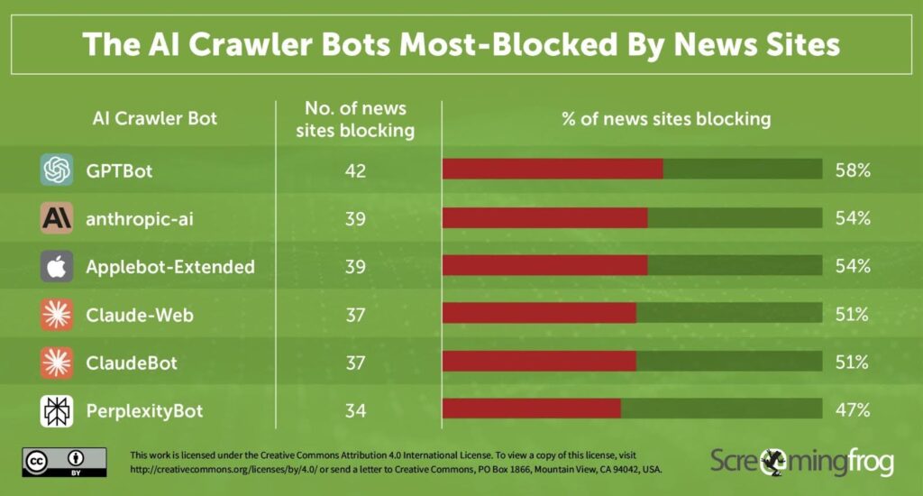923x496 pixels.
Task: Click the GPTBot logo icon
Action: point(57,170)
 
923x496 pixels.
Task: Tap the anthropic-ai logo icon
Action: point(57,217)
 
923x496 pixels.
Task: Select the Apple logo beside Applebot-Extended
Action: point(57,266)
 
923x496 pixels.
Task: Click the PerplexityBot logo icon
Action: point(57,411)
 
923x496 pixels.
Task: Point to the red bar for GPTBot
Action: point(552,170)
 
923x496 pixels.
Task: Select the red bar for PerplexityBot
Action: point(531,411)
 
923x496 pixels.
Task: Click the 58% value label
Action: point(852,170)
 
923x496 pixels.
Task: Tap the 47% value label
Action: point(852,411)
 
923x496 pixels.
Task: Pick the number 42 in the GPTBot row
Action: point(355,170)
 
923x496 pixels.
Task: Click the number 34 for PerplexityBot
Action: point(355,411)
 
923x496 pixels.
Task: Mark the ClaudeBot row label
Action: point(132,363)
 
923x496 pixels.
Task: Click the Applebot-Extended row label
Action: point(170,267)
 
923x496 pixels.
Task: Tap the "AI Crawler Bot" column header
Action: point(155,118)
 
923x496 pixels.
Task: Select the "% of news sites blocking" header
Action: point(665,118)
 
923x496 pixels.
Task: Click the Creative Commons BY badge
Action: point(63,462)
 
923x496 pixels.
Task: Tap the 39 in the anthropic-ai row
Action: point(355,218)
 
